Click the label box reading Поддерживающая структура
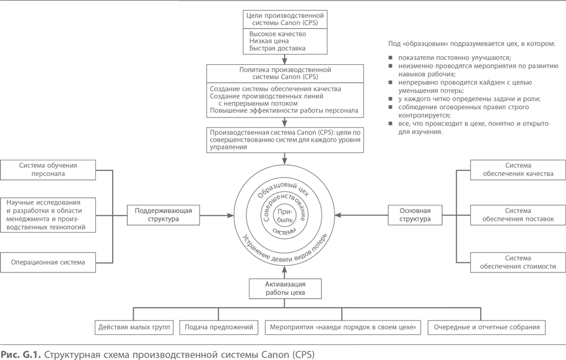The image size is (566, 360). [x=163, y=215]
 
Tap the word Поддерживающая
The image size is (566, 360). [x=163, y=211]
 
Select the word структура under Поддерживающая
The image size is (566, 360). [x=163, y=220]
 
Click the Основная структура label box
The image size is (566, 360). [x=415, y=215]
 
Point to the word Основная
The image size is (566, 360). [x=415, y=211]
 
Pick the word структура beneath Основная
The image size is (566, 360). [x=415, y=220]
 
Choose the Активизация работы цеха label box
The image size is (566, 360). [x=285, y=288]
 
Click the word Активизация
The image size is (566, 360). [x=285, y=284]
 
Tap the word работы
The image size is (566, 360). [x=277, y=293]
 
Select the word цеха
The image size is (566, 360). [x=297, y=293]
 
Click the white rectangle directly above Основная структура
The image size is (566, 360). [x=401, y=179]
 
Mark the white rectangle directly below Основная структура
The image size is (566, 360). [x=401, y=266]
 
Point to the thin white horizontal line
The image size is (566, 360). [x=489, y=88]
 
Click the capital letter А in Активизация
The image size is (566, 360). [x=267, y=284]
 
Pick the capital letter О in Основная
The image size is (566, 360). [x=402, y=211]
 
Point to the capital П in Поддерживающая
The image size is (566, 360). [x=137, y=211]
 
